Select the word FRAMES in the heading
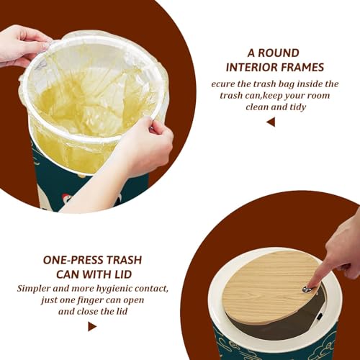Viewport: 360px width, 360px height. click(302, 67)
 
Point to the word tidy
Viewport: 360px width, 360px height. click(298, 107)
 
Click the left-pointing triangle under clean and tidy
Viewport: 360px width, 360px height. click(271, 122)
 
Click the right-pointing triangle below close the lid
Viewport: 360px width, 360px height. click(92, 327)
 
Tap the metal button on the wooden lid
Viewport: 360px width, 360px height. click(307, 289)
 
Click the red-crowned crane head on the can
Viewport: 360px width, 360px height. click(66, 198)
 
